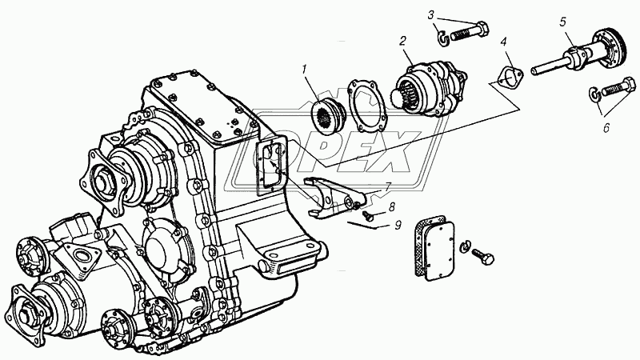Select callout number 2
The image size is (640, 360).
[403, 38]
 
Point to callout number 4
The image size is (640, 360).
[503, 41]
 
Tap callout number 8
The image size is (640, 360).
[391, 207]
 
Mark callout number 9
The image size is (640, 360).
[398, 225]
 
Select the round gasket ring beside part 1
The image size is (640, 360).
[366, 102]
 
